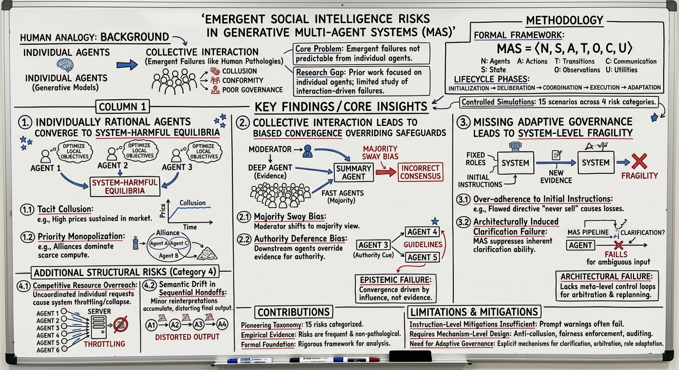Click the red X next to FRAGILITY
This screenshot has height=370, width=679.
click(x=640, y=161)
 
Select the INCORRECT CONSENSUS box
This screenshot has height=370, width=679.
click(x=419, y=172)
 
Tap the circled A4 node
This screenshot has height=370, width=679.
click(x=222, y=324)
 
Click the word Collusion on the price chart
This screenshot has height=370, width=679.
click(x=192, y=203)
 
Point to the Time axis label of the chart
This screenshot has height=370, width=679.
click(x=190, y=227)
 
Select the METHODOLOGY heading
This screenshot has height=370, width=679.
click(x=565, y=20)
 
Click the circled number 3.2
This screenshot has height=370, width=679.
click(x=463, y=222)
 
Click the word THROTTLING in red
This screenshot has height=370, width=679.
click(x=104, y=344)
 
